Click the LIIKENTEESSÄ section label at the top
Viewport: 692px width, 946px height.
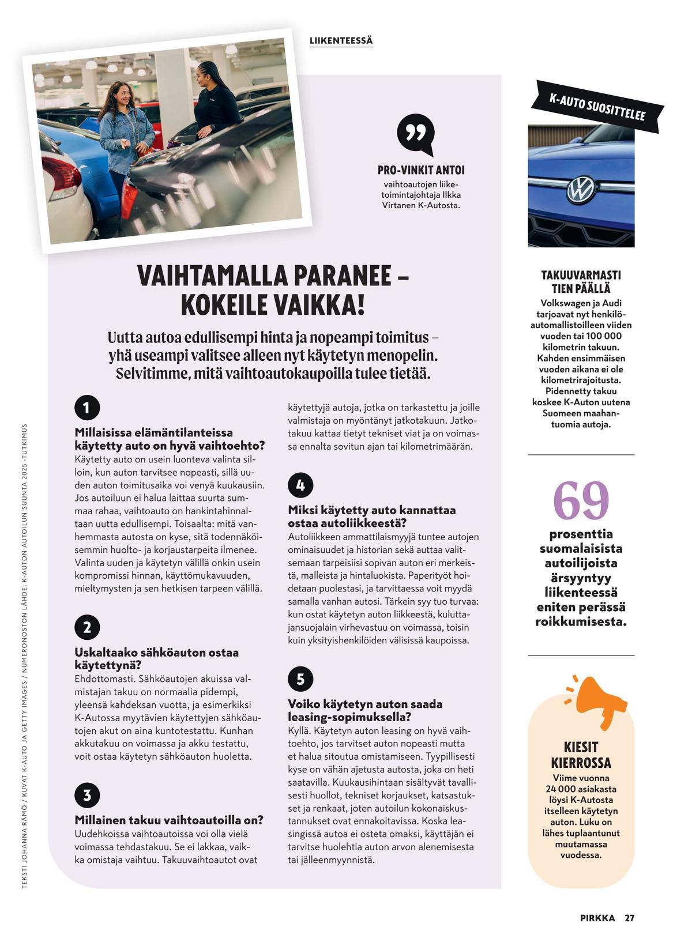click(x=341, y=41)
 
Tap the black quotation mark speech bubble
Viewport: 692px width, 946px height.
click(x=415, y=134)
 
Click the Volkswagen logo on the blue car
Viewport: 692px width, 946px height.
click(x=581, y=190)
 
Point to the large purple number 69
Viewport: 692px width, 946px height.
click(x=581, y=501)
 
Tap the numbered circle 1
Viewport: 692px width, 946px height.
click(x=87, y=408)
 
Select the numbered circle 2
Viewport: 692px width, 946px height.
click(x=87, y=627)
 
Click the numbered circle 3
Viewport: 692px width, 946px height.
click(x=87, y=795)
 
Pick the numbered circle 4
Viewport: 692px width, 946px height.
click(x=300, y=485)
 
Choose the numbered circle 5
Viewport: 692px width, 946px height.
click(x=300, y=679)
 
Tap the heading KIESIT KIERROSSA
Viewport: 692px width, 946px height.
click(x=581, y=755)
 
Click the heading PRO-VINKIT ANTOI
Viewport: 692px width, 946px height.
click(x=421, y=170)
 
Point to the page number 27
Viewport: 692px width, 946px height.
click(x=629, y=918)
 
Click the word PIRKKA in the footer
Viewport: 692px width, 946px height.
click(x=597, y=918)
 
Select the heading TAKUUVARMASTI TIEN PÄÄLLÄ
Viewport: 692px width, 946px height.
click(x=581, y=281)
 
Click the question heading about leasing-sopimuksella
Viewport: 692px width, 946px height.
click(x=365, y=710)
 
